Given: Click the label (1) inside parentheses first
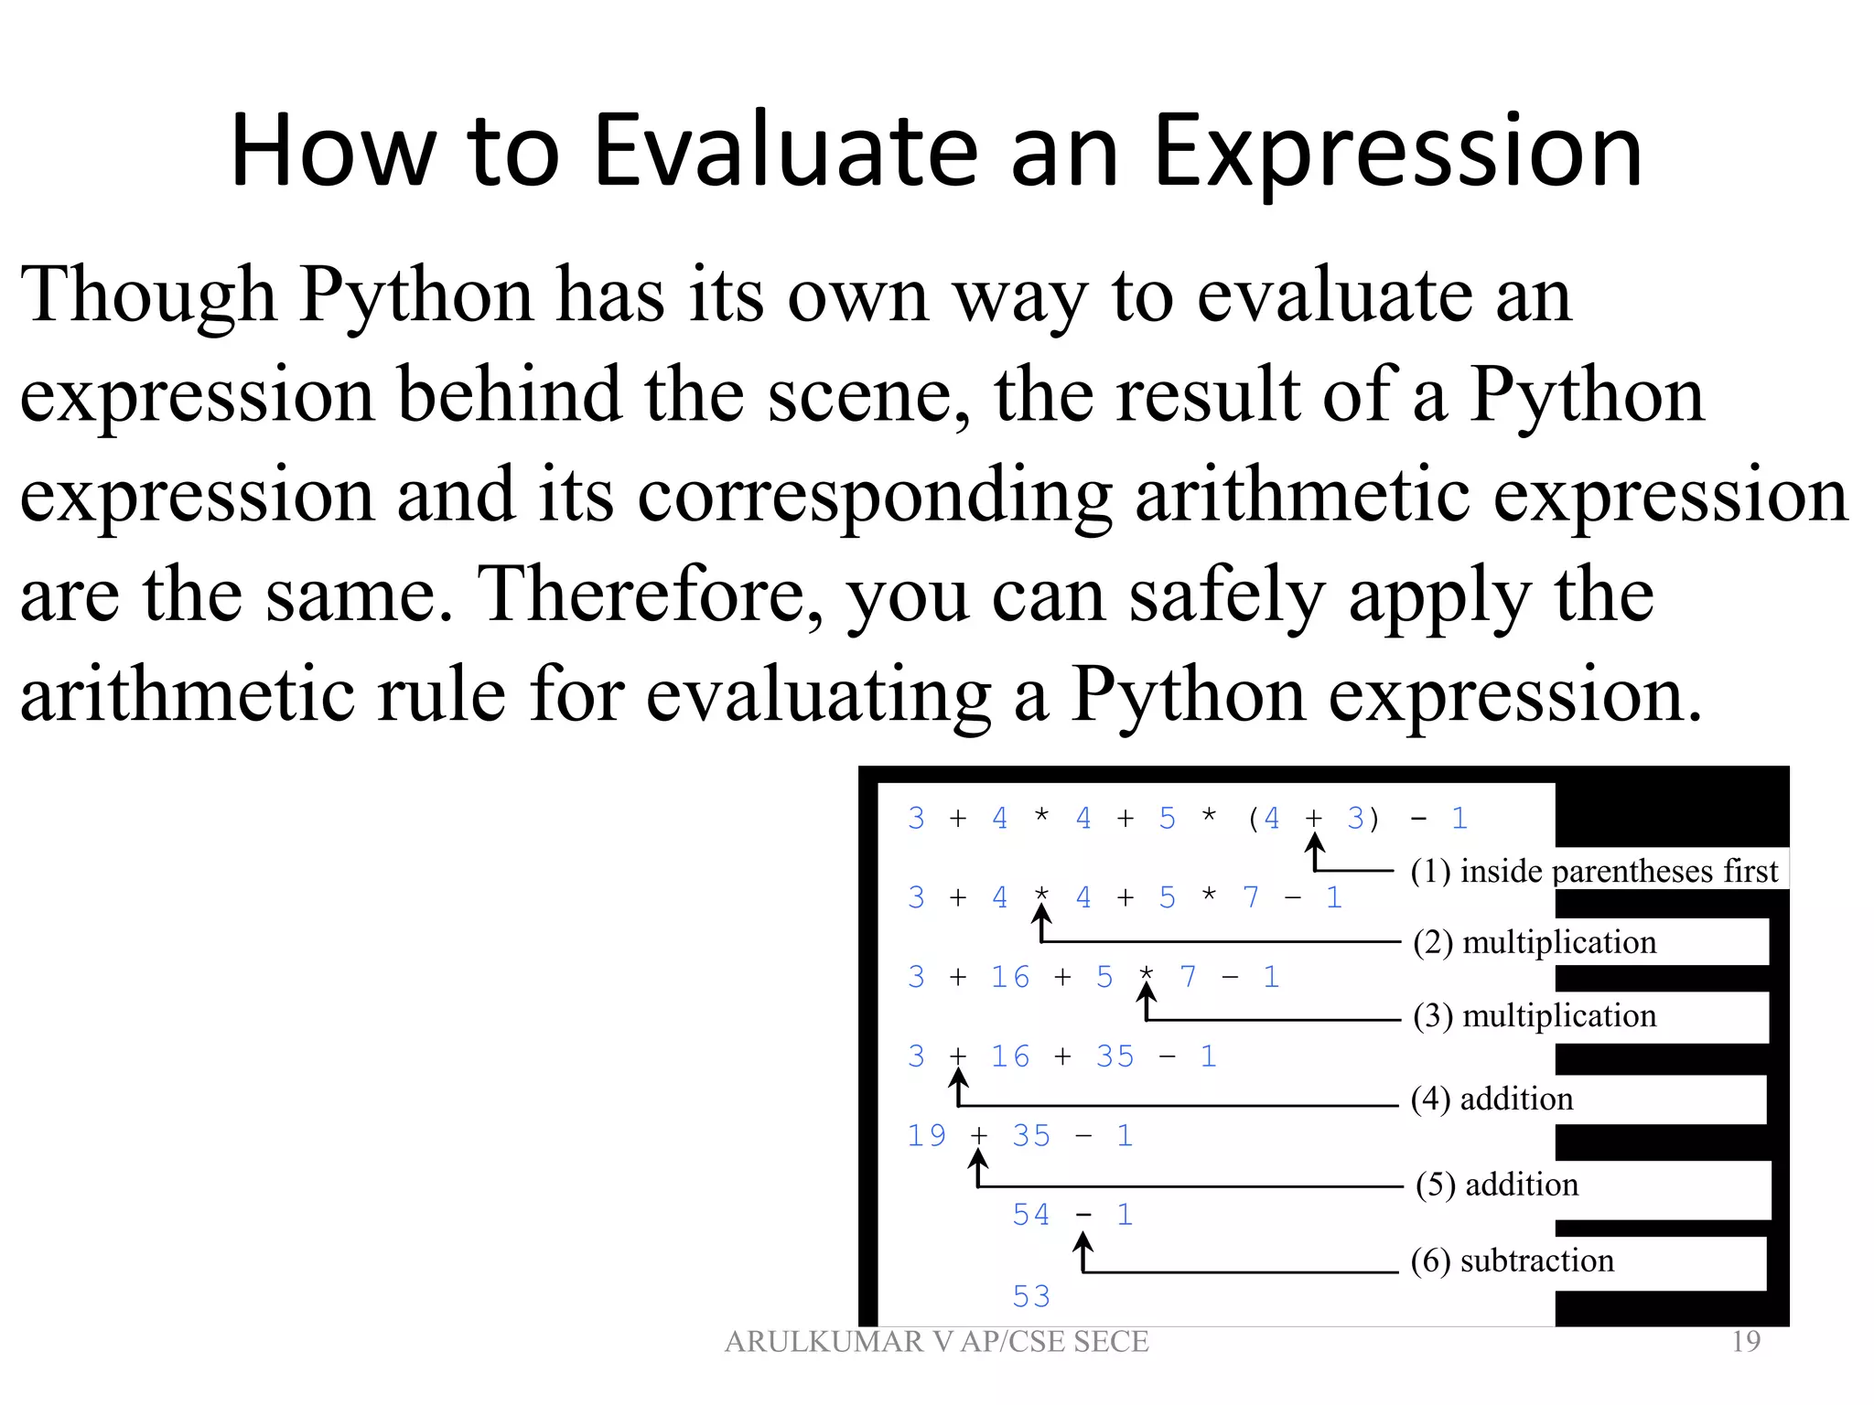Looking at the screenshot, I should point(1594,871).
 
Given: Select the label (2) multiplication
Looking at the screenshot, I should point(1535,942).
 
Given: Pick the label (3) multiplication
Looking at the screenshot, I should point(1535,1016).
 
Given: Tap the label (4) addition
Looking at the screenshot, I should point(1492,1099).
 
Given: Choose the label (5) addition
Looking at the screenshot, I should point(1497,1185).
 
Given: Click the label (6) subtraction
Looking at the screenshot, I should point(1512,1260).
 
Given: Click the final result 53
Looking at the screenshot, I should point(1031,1296).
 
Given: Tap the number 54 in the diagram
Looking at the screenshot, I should point(1031,1215).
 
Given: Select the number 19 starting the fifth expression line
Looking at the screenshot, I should point(926,1136).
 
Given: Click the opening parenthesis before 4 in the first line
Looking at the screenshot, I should point(1253,818).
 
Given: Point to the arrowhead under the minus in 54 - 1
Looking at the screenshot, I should point(1083,1242).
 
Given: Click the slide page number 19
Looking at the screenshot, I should point(1746,1342).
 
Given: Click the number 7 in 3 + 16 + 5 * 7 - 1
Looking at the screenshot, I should point(1188,977).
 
